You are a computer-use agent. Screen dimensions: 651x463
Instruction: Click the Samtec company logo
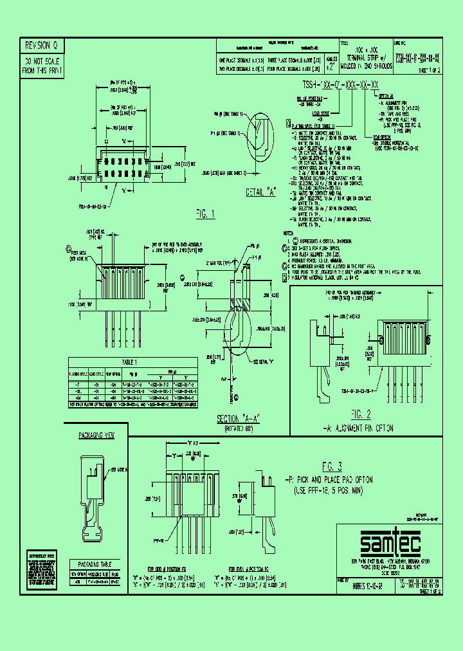(x=390, y=546)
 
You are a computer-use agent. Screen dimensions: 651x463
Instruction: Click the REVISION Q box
(x=41, y=46)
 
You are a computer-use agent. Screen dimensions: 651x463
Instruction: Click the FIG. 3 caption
(x=331, y=466)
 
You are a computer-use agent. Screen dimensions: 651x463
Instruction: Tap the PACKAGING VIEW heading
(x=96, y=436)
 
